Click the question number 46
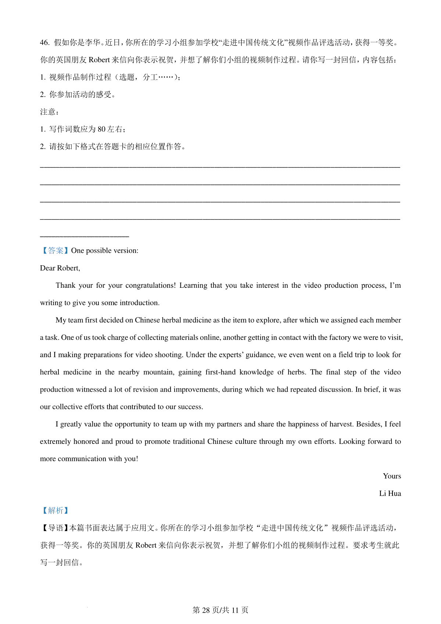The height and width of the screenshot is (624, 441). point(44,43)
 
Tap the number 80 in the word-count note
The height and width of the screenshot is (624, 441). point(101,129)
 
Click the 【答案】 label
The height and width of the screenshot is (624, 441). point(54,251)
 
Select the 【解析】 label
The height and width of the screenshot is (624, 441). point(54,510)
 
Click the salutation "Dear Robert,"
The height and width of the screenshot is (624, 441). point(60,268)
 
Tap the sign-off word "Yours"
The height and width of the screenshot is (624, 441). point(392,476)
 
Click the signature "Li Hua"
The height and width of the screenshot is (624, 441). point(390,494)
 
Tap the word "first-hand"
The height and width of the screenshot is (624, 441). point(220,372)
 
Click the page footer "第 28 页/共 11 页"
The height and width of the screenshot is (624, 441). point(220,610)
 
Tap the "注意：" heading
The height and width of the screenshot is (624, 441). point(50,112)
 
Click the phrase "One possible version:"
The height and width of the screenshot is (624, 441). point(105,251)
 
